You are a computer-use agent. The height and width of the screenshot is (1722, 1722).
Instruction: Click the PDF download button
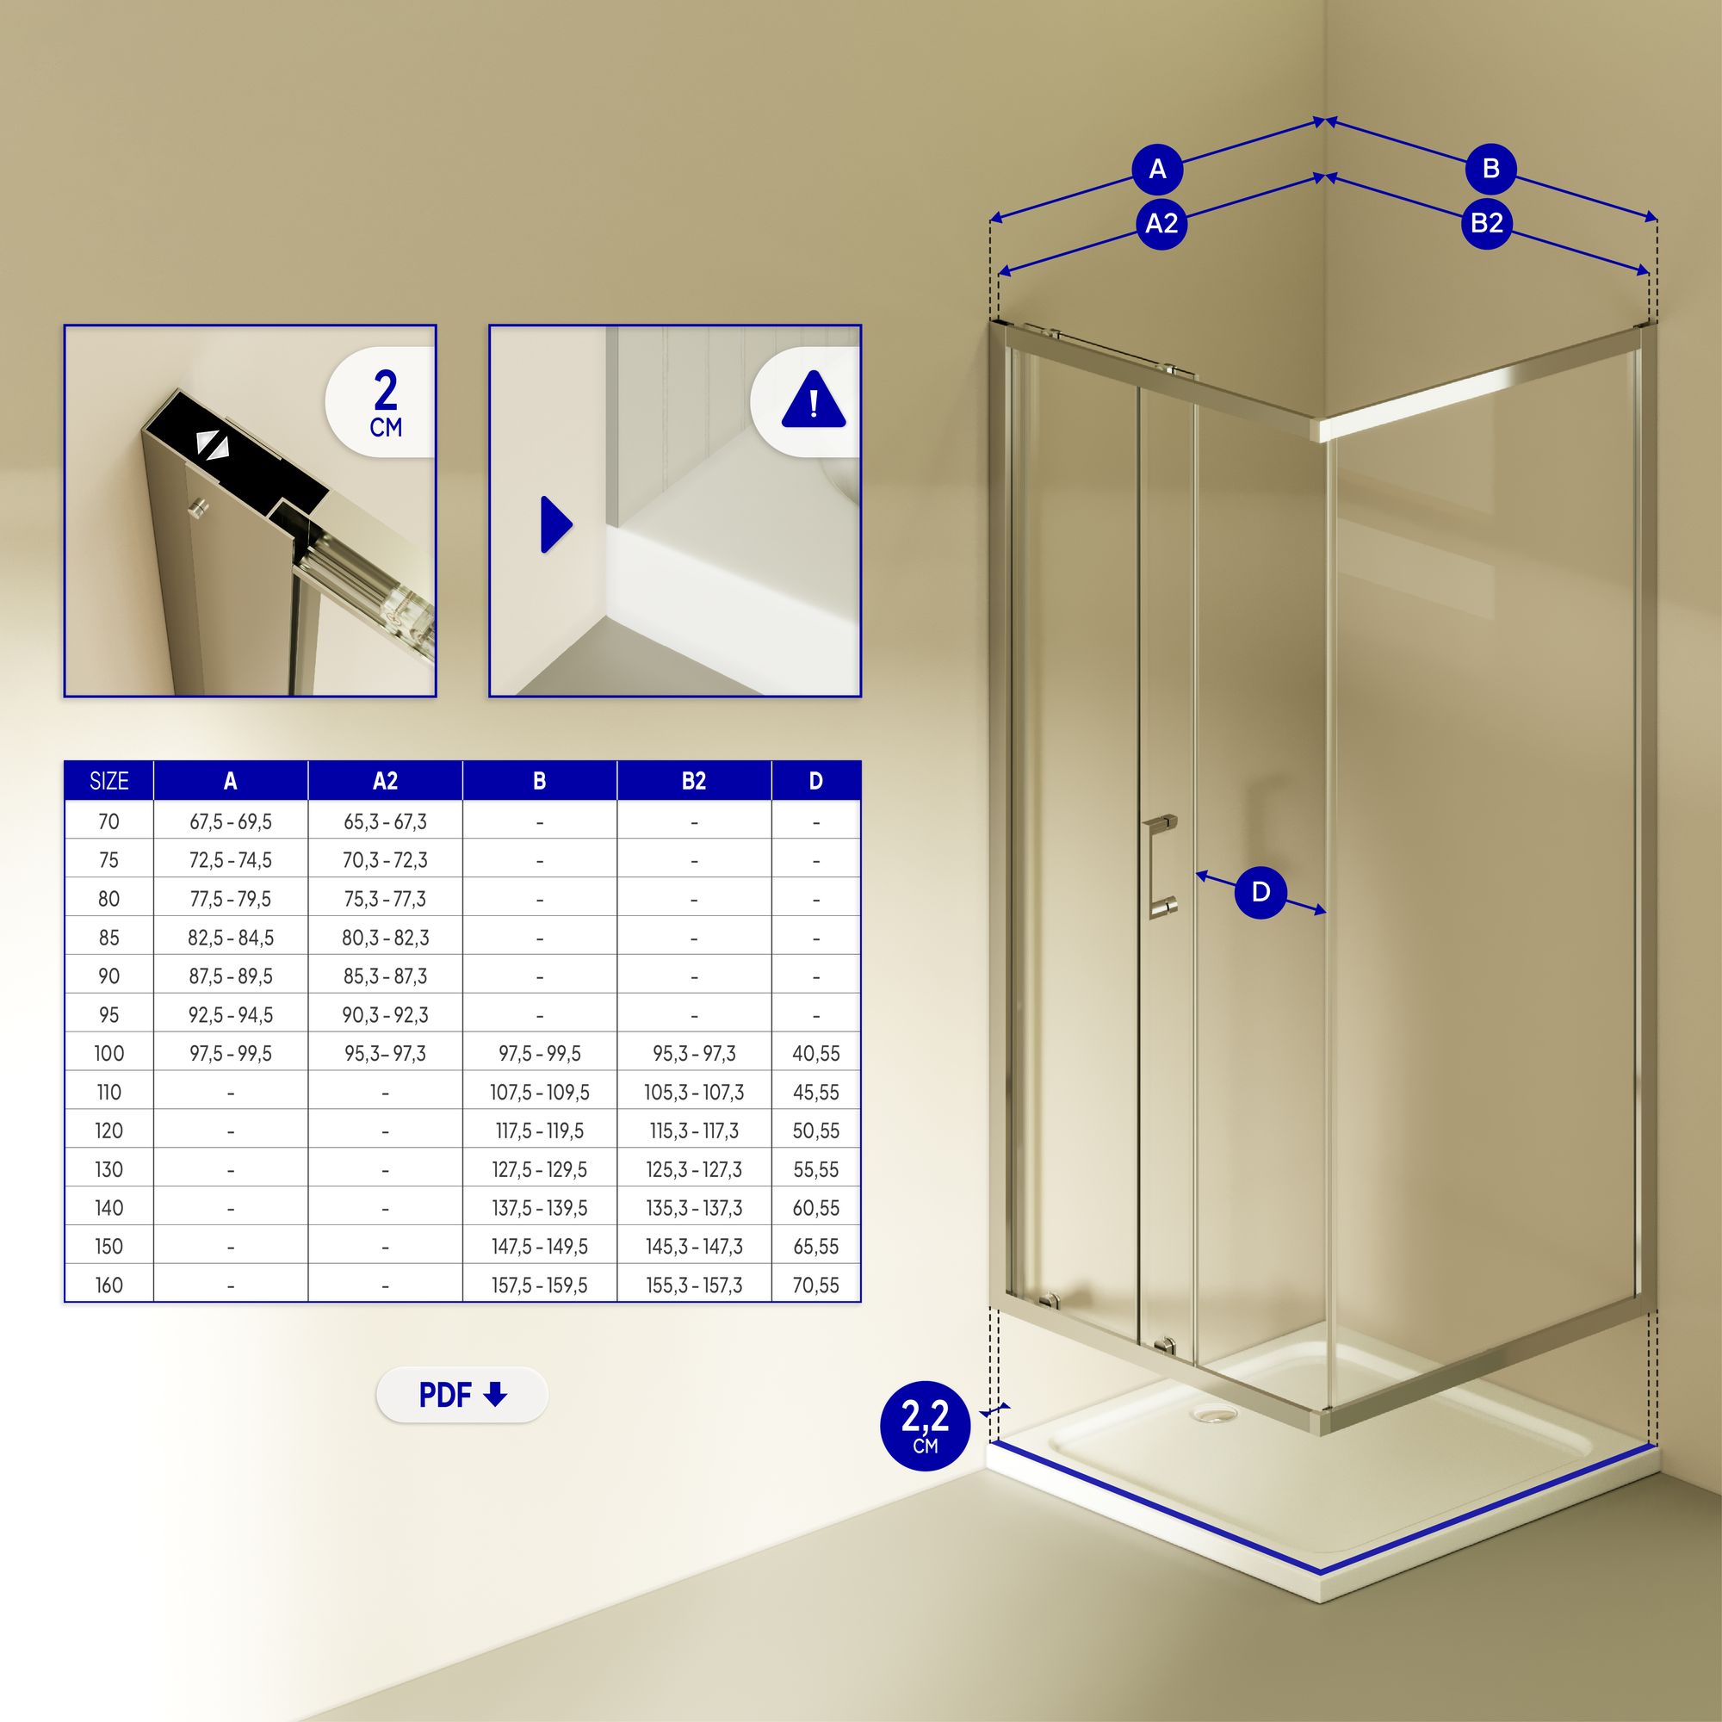click(461, 1395)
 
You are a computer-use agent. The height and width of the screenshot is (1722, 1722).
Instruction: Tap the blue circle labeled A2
click(1161, 223)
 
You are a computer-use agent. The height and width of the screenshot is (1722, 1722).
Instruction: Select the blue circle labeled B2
click(1487, 222)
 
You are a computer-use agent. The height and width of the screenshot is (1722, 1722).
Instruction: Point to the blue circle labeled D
click(1261, 892)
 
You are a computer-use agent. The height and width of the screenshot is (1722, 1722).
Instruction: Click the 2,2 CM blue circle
click(926, 1425)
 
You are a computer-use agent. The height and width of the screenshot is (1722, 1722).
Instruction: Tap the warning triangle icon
click(813, 402)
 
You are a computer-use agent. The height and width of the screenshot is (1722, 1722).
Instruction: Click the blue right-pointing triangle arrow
click(556, 524)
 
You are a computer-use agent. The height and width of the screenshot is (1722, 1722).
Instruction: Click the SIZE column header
click(108, 781)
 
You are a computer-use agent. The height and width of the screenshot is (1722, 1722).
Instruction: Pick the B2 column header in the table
click(693, 781)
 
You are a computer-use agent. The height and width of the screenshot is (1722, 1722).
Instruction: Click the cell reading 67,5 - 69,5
click(231, 821)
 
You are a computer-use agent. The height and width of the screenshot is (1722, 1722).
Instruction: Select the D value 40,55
click(815, 1054)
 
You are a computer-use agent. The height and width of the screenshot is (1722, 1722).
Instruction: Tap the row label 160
click(108, 1285)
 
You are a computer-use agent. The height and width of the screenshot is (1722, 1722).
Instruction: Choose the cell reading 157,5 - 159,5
click(539, 1285)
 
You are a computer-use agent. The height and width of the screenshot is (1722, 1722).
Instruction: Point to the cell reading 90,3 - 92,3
click(385, 1015)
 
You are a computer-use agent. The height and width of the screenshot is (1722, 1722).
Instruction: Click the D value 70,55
click(815, 1285)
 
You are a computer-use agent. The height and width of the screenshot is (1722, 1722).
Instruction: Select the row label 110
click(108, 1092)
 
